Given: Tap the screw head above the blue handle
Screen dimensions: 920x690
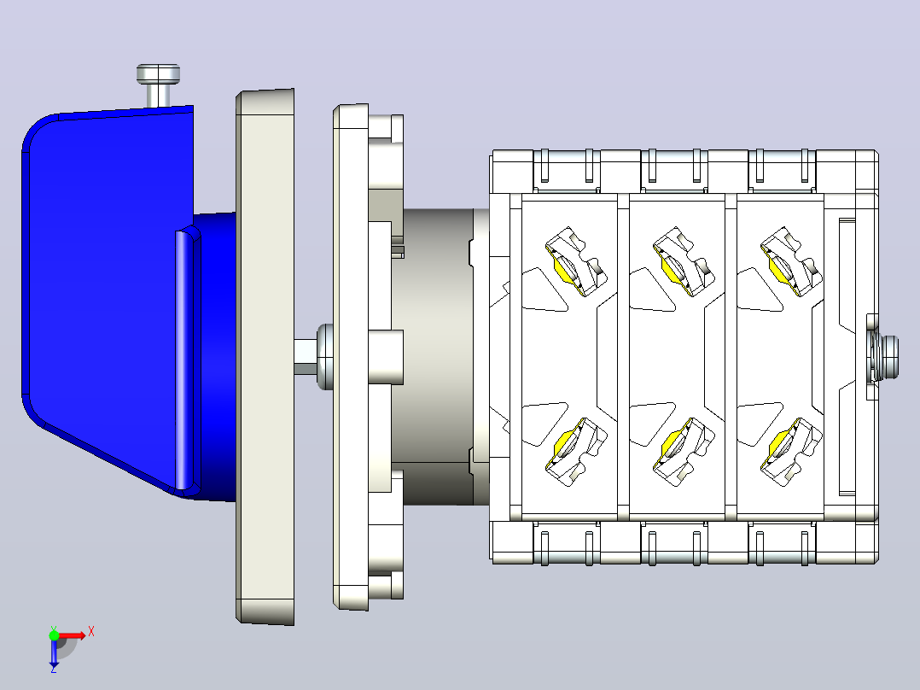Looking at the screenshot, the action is [x=159, y=74].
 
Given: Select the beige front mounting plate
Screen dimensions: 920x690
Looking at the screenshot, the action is [x=265, y=357].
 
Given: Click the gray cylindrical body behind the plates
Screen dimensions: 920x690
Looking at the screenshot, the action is [x=437, y=356].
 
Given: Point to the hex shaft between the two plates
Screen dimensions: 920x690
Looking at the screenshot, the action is [x=306, y=356].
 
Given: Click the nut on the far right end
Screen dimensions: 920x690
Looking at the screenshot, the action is [x=884, y=356].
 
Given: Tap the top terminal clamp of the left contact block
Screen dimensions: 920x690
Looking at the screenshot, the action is [x=575, y=261].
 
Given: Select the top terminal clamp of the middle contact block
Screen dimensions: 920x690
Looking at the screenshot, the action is [x=683, y=261].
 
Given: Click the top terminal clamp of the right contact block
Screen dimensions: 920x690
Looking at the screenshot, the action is [x=791, y=261].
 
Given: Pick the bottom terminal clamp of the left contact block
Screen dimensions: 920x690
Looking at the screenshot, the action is [x=575, y=452].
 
